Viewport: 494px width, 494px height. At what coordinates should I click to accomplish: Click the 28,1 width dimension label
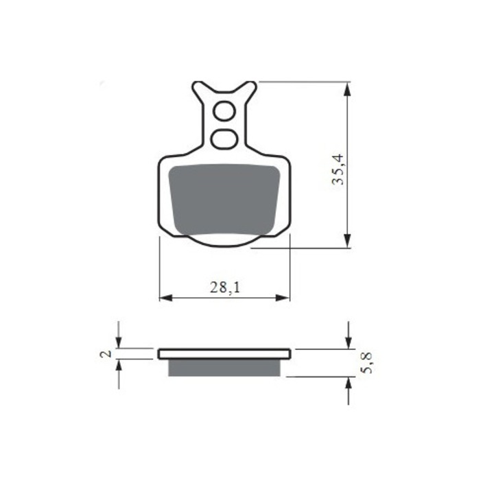pos(224,288)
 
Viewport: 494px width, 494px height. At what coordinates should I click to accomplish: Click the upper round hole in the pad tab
pos(224,110)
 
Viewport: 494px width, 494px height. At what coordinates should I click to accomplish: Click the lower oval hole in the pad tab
pos(224,139)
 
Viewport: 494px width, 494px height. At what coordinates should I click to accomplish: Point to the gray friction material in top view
pos(224,199)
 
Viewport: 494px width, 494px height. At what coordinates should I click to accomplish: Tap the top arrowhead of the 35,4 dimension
pos(348,88)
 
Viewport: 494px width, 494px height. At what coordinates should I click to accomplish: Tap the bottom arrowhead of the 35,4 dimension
pos(348,241)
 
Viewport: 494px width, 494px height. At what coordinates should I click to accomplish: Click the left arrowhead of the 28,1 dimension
pos(165,298)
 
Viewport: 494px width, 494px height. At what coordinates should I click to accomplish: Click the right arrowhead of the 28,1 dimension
pos(285,298)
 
